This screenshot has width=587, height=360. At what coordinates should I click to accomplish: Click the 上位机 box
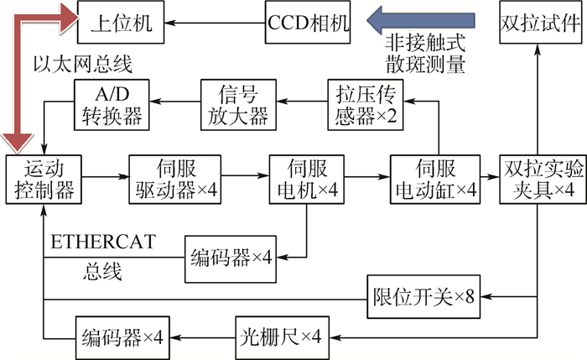[x=121, y=22]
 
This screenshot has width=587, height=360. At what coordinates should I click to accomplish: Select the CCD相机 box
[x=308, y=22]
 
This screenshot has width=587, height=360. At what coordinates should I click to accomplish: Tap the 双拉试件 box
[x=541, y=22]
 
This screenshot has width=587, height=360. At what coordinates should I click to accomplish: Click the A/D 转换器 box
[x=112, y=105]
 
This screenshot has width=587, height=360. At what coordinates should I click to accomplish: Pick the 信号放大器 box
[x=238, y=105]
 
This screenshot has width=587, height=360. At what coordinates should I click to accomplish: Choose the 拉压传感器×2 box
[x=366, y=105]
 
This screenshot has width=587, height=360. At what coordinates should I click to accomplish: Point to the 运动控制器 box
[x=44, y=180]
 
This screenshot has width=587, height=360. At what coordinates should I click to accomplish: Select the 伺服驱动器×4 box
[x=174, y=180]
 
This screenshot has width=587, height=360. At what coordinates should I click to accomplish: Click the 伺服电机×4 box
[x=307, y=180]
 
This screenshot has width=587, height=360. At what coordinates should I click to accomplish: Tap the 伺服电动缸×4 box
[x=435, y=180]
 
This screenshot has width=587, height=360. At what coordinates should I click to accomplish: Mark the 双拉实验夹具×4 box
[x=543, y=180]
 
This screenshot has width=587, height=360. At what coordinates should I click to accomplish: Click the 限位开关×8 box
[x=423, y=297]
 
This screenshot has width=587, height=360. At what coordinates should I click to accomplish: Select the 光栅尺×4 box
[x=283, y=338]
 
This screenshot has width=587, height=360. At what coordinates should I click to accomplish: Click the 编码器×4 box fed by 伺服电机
[x=231, y=259]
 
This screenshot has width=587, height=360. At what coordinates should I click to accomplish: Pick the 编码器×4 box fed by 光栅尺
[x=122, y=338]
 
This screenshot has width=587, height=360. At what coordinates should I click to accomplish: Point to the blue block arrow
[x=421, y=21]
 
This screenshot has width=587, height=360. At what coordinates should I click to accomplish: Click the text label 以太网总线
[x=83, y=64]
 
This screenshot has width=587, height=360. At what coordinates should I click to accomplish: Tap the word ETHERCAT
[x=103, y=242]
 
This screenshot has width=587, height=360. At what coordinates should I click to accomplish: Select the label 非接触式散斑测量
[x=426, y=55]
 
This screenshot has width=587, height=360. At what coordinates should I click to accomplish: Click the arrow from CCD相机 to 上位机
[x=215, y=23]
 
